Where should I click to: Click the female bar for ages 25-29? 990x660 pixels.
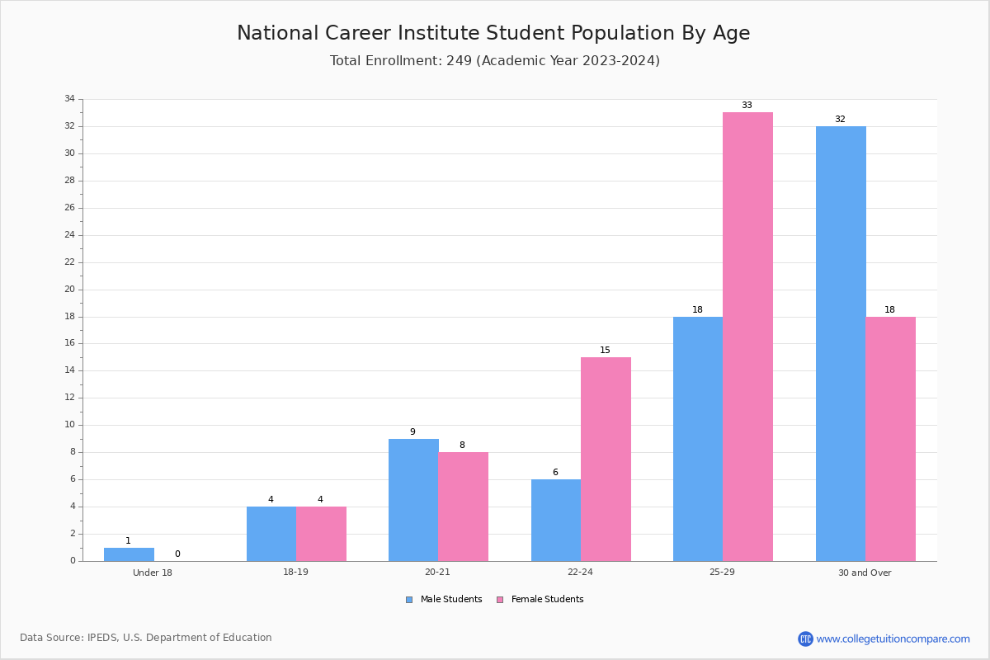[x=747, y=337]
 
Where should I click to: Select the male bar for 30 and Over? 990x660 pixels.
[x=841, y=344]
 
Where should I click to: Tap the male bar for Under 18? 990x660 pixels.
[x=129, y=554]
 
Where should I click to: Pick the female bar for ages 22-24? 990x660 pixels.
[x=606, y=460]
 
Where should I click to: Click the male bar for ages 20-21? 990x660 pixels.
[x=413, y=500]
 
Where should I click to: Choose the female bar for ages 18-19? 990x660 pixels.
[x=321, y=534]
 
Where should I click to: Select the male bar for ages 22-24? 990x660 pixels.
[x=556, y=521]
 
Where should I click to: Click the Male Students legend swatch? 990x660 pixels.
[x=409, y=600]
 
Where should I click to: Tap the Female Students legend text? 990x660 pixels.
[x=547, y=599]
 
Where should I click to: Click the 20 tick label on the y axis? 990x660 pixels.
[x=70, y=289]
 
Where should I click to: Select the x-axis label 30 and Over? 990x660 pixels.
[x=865, y=573]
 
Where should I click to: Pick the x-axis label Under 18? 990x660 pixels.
[x=153, y=573]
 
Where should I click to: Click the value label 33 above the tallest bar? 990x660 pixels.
[x=747, y=106]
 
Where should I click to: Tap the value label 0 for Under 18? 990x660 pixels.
[x=177, y=554]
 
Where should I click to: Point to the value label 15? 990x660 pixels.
[x=605, y=350]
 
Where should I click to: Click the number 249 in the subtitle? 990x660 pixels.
[x=460, y=60]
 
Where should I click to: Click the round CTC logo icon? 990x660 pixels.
[x=805, y=639]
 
